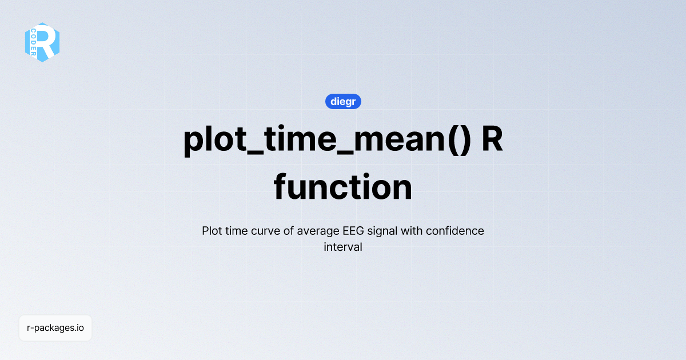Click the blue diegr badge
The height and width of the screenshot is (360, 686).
(343, 102)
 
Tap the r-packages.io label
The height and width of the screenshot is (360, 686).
(55, 328)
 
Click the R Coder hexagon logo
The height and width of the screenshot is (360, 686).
(42, 42)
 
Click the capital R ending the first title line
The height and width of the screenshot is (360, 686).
(492, 139)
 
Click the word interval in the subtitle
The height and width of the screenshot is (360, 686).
(343, 248)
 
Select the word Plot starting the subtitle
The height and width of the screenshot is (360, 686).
(213, 231)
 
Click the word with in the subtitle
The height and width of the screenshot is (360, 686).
(412, 231)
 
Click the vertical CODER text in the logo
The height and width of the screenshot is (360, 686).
(34, 43)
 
